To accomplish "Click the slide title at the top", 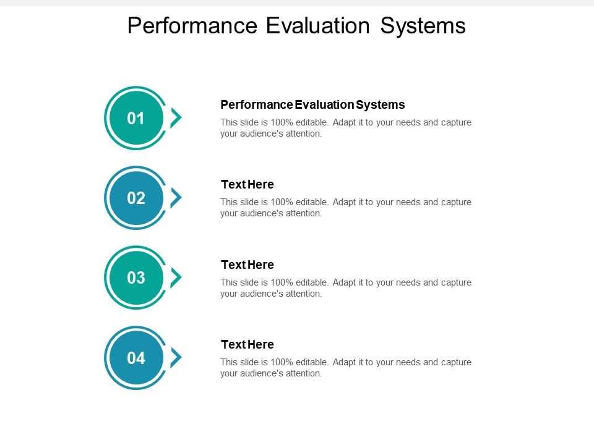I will [x=296, y=25].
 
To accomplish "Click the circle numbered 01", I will [x=136, y=118].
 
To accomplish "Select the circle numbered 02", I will [x=136, y=198].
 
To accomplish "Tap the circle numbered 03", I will [x=136, y=278].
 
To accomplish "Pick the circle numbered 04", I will [x=136, y=358].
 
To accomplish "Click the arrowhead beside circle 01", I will [x=177, y=117].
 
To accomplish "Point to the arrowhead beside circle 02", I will [x=177, y=198].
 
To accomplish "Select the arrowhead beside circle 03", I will [x=177, y=278].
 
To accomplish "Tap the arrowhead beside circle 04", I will [x=177, y=357].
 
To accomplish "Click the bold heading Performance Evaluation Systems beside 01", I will [x=312, y=104].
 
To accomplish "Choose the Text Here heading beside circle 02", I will [x=247, y=184].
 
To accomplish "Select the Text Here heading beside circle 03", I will [x=247, y=265].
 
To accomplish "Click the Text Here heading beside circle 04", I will [x=247, y=344].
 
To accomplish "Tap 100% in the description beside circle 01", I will [x=281, y=122].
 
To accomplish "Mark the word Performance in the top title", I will [x=192, y=25].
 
